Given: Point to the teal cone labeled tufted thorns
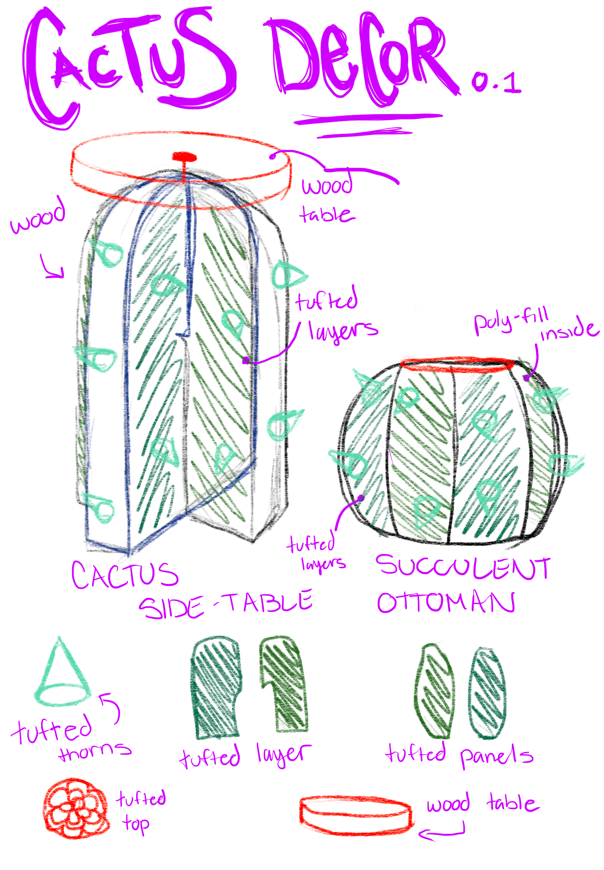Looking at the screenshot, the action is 62,675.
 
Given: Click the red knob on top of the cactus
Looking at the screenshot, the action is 184,156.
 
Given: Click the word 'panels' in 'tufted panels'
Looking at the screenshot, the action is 496,756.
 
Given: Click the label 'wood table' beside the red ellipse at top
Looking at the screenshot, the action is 328,201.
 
